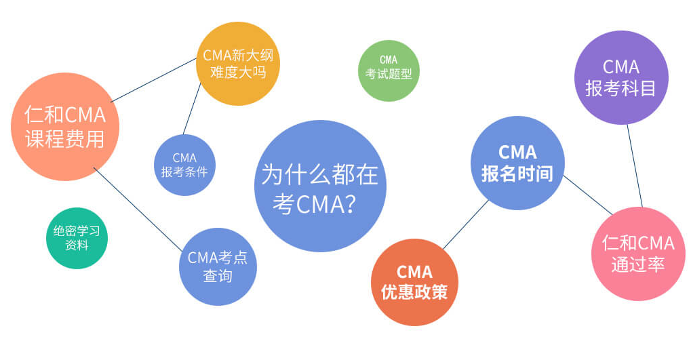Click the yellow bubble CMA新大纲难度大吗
238,64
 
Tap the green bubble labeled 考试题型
389,71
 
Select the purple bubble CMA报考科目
621,77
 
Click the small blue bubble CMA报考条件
184,165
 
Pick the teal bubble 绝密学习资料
77,238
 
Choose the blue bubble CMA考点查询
218,266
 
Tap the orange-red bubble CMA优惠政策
415,282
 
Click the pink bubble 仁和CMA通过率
638,254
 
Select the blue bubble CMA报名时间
517,163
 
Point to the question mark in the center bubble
349,203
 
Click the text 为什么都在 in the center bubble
320,174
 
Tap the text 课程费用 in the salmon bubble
65,139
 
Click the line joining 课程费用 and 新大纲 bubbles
154,80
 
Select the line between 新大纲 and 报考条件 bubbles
192,108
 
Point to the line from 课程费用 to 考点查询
138,209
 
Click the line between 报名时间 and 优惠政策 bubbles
466,224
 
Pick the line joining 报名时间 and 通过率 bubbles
588,195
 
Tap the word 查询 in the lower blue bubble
218,277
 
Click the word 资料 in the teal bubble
77,245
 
